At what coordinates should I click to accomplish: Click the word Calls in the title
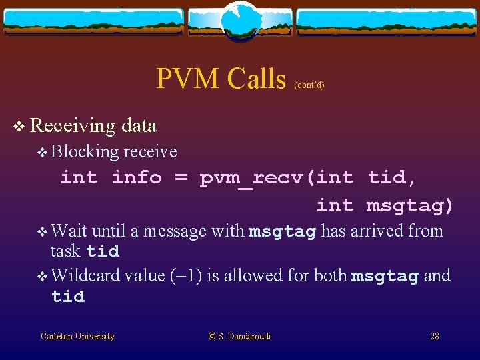[256, 79]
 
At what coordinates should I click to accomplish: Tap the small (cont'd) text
[309, 85]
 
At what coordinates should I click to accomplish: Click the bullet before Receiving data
[20, 126]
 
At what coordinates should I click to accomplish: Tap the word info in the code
[137, 177]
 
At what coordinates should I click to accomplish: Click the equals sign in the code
[181, 177]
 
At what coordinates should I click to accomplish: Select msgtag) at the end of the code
[409, 205]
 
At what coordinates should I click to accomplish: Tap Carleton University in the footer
[77, 337]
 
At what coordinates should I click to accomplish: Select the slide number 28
[435, 337]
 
